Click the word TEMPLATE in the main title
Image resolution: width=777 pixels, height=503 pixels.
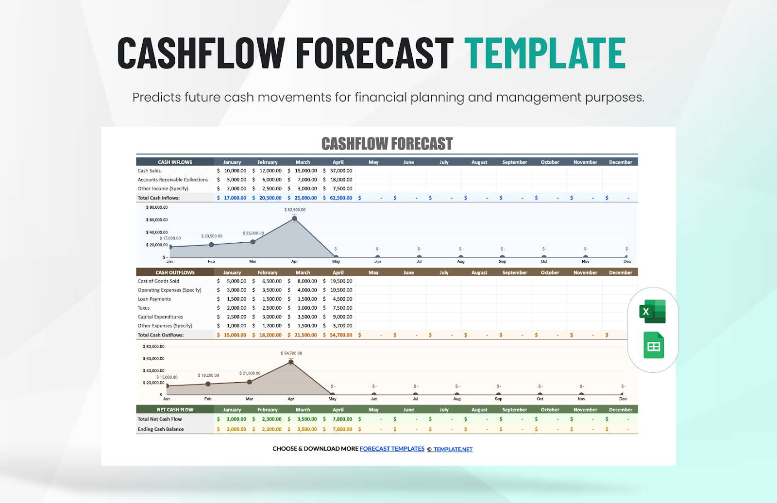pos(545,53)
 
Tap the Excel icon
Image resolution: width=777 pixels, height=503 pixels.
pos(653,311)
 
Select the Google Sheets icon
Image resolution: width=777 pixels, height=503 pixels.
pos(653,345)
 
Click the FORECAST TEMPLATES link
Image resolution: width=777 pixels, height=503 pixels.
pos(392,449)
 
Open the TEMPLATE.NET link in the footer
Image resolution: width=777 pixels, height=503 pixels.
pos(453,449)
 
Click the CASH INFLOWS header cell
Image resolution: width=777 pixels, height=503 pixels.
pos(175,162)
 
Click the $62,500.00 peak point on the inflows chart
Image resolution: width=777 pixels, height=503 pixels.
pos(295,218)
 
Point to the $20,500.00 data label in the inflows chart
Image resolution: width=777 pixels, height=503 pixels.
pos(212,236)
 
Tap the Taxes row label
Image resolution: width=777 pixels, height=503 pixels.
pos(144,308)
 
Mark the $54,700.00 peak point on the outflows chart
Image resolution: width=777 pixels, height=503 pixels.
pos(291,362)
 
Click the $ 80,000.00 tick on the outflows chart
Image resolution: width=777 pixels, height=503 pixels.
pos(153,347)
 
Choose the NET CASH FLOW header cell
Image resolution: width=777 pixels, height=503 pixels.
pos(175,410)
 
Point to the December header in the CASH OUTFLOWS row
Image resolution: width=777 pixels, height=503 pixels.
pos(621,273)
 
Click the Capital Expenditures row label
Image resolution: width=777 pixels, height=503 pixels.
pos(160,317)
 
